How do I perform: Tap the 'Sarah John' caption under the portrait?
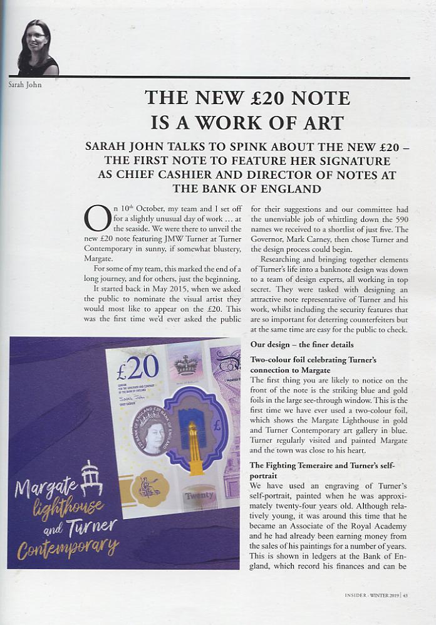click(25, 85)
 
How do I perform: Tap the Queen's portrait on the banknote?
click(150, 431)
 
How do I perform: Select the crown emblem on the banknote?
click(186, 365)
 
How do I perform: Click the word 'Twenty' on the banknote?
click(199, 495)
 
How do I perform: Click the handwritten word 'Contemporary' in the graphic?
click(68, 547)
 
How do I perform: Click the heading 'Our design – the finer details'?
click(303, 345)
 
